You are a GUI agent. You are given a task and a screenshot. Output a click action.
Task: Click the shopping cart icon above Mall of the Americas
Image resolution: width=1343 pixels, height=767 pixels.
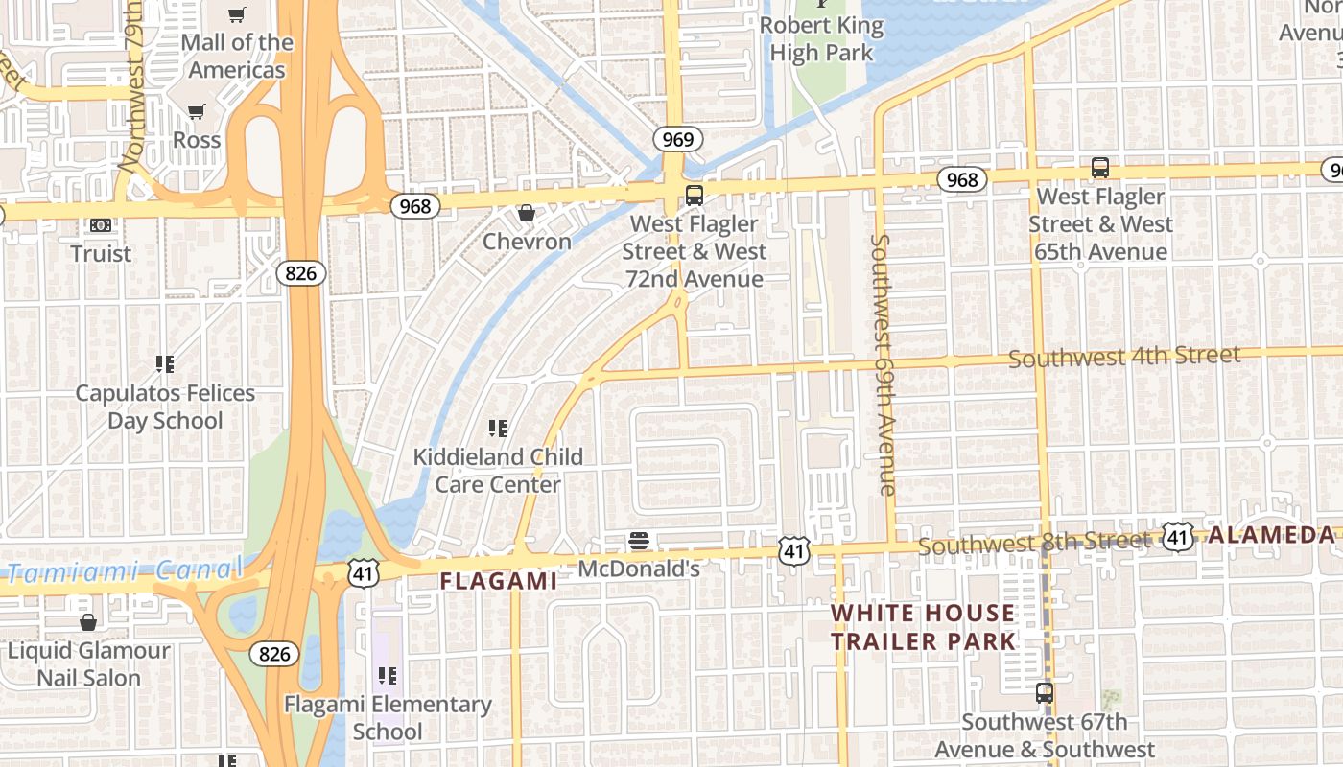pos(236,14)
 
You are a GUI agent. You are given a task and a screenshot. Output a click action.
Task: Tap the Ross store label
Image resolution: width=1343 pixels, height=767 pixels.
pos(197,139)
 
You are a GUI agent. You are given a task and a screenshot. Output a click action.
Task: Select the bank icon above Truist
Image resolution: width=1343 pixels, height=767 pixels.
pos(101,225)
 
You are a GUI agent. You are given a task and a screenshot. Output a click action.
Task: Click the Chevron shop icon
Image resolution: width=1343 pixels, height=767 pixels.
pos(526,213)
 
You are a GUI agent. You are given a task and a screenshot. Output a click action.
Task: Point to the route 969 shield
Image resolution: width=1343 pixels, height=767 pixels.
pos(677,139)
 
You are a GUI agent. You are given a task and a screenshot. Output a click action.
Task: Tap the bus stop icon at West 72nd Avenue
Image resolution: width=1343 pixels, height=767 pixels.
pos(695,196)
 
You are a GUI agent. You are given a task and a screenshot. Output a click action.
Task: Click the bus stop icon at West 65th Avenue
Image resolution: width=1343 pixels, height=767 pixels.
pos(1100,168)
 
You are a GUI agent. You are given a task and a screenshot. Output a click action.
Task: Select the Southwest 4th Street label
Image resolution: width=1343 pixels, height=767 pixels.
pos(1123,357)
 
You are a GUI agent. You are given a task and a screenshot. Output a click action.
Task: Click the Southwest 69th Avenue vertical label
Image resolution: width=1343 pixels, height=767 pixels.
pos(884,364)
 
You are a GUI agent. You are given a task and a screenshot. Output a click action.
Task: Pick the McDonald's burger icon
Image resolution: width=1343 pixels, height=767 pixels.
pos(639,541)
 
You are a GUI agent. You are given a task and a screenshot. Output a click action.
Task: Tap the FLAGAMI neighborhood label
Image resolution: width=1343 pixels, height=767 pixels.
pos(498,581)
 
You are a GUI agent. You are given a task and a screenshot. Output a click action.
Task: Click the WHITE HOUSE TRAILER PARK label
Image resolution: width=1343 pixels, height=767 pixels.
pos(922,627)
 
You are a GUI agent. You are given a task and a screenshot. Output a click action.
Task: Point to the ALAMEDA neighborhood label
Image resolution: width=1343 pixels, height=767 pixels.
pos(1271,535)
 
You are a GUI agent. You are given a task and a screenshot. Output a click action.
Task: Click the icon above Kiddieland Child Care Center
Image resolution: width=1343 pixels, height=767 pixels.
pos(497,428)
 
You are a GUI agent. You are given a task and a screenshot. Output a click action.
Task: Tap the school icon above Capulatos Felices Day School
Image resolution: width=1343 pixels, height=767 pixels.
pos(165,364)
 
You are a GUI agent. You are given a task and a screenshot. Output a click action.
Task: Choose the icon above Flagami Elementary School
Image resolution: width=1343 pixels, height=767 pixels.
pos(388,676)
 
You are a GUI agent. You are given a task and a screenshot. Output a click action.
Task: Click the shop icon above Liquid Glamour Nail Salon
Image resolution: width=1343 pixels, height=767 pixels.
pos(88,622)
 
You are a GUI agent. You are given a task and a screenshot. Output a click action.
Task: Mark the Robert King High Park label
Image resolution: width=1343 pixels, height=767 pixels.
pos(821,38)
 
